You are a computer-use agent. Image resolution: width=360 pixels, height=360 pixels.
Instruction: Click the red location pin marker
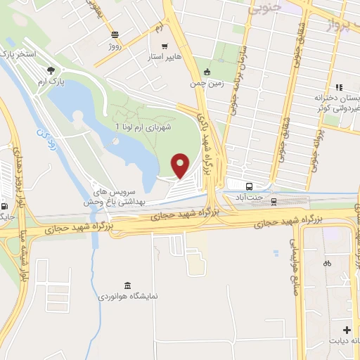click(x=181, y=166)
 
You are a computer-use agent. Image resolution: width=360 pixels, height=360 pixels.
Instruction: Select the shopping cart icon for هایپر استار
click(x=165, y=46)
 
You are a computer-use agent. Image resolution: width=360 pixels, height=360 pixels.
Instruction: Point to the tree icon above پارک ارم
click(x=51, y=70)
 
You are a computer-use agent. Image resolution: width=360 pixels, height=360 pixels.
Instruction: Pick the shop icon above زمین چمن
click(x=207, y=72)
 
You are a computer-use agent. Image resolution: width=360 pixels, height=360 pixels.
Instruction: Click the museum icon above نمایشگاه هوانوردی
click(x=127, y=285)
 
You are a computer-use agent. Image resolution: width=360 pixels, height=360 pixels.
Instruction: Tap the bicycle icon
click(x=327, y=264)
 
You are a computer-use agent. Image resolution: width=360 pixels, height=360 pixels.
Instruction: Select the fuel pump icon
click(x=6, y=206)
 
